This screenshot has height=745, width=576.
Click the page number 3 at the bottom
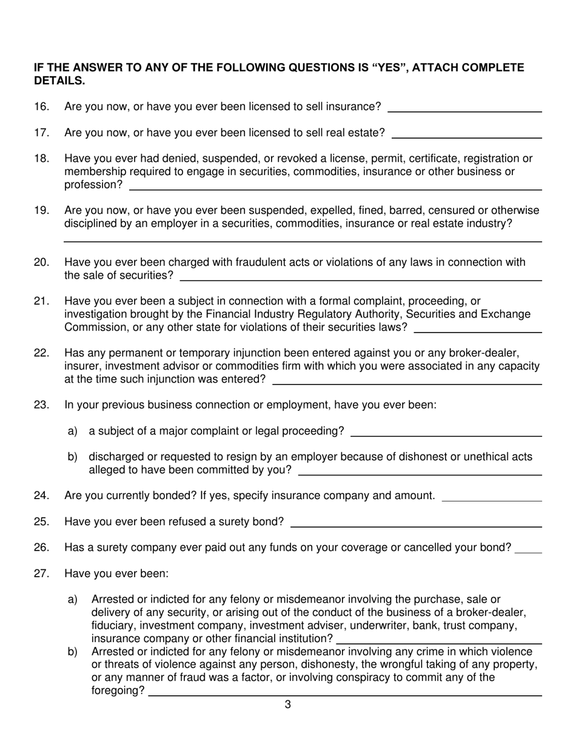287,704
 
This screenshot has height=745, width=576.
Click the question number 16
42,107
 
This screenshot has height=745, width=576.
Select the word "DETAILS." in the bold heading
59,81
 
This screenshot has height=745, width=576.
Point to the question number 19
42,210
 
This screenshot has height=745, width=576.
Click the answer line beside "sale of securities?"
361,280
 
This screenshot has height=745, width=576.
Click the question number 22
42,353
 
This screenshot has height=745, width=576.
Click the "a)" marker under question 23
73,431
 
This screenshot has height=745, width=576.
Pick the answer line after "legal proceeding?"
446,436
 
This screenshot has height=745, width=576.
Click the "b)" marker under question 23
73,457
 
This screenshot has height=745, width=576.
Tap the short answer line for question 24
492,501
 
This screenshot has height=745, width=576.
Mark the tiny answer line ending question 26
527,553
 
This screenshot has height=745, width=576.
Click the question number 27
42,574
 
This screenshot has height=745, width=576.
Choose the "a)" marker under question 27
73,600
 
